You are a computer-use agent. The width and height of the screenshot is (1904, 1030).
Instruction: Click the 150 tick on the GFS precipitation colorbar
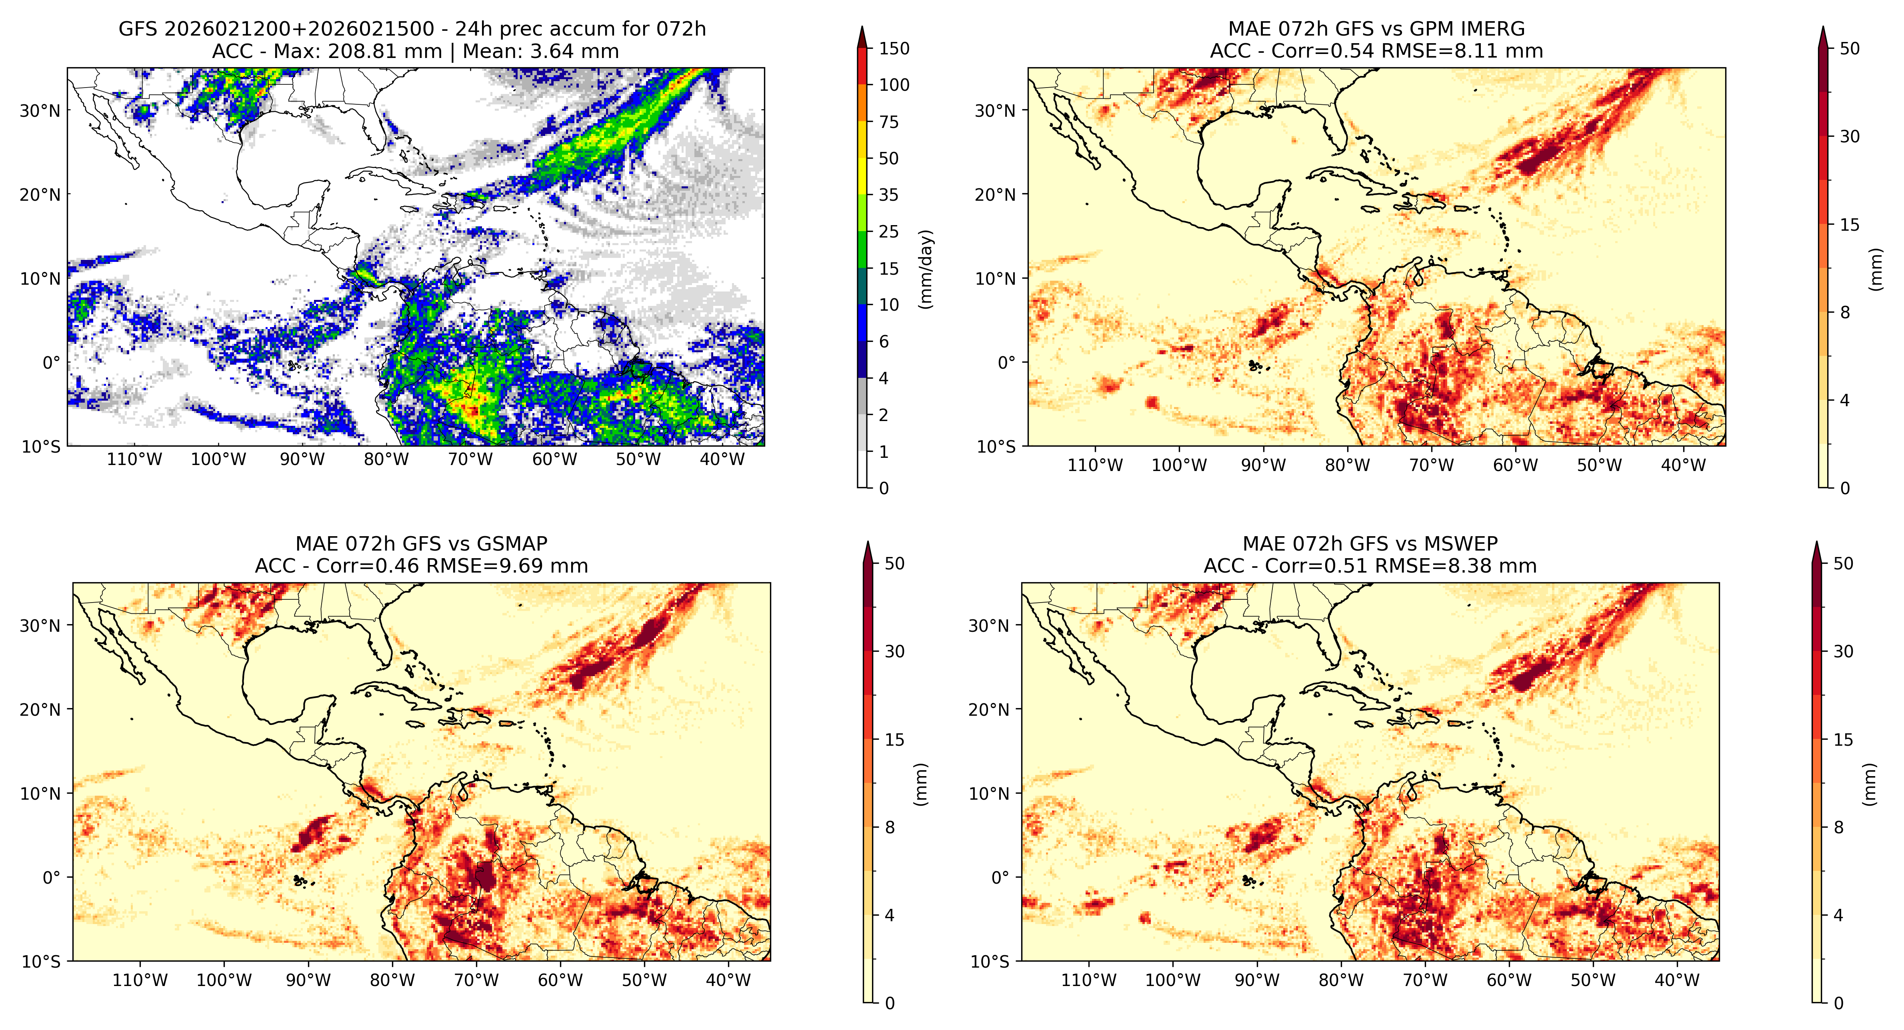894,49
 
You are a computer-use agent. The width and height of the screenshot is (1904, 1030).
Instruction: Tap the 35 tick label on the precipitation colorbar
888,195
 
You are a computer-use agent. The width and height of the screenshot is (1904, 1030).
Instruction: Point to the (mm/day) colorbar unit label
925,269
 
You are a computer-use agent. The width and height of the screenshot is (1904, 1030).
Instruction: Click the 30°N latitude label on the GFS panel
40,111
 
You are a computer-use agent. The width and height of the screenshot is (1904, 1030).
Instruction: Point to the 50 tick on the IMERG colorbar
1849,49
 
